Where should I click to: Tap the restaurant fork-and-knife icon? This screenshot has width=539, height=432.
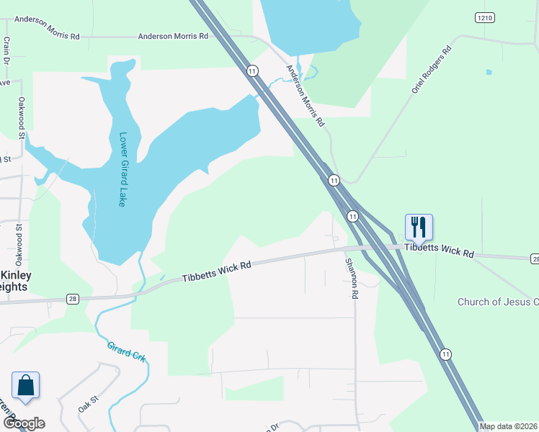point(419,228)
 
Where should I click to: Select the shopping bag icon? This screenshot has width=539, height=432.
point(26,385)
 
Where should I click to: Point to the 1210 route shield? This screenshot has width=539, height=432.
point(484,17)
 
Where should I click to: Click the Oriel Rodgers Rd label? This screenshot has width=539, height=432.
point(432,71)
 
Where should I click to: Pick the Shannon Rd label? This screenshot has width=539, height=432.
point(351,279)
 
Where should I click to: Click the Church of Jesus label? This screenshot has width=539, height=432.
point(497,302)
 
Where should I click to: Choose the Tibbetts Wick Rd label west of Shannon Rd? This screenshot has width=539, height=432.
point(216,271)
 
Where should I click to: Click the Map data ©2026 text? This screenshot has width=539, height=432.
point(508,426)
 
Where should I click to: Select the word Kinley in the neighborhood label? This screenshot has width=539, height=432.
point(14,276)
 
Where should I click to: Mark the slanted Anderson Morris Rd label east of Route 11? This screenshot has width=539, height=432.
point(306,96)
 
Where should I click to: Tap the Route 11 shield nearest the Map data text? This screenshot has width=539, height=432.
point(446,354)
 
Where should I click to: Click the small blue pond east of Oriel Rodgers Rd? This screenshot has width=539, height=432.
point(489,72)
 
